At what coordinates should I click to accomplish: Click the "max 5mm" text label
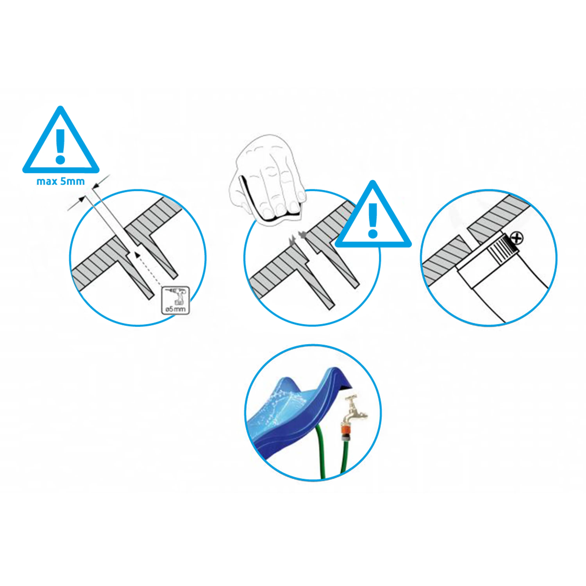pos(61,181)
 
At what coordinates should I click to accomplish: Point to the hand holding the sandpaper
pos(267,179)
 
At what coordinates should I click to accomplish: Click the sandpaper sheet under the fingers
pos(267,212)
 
